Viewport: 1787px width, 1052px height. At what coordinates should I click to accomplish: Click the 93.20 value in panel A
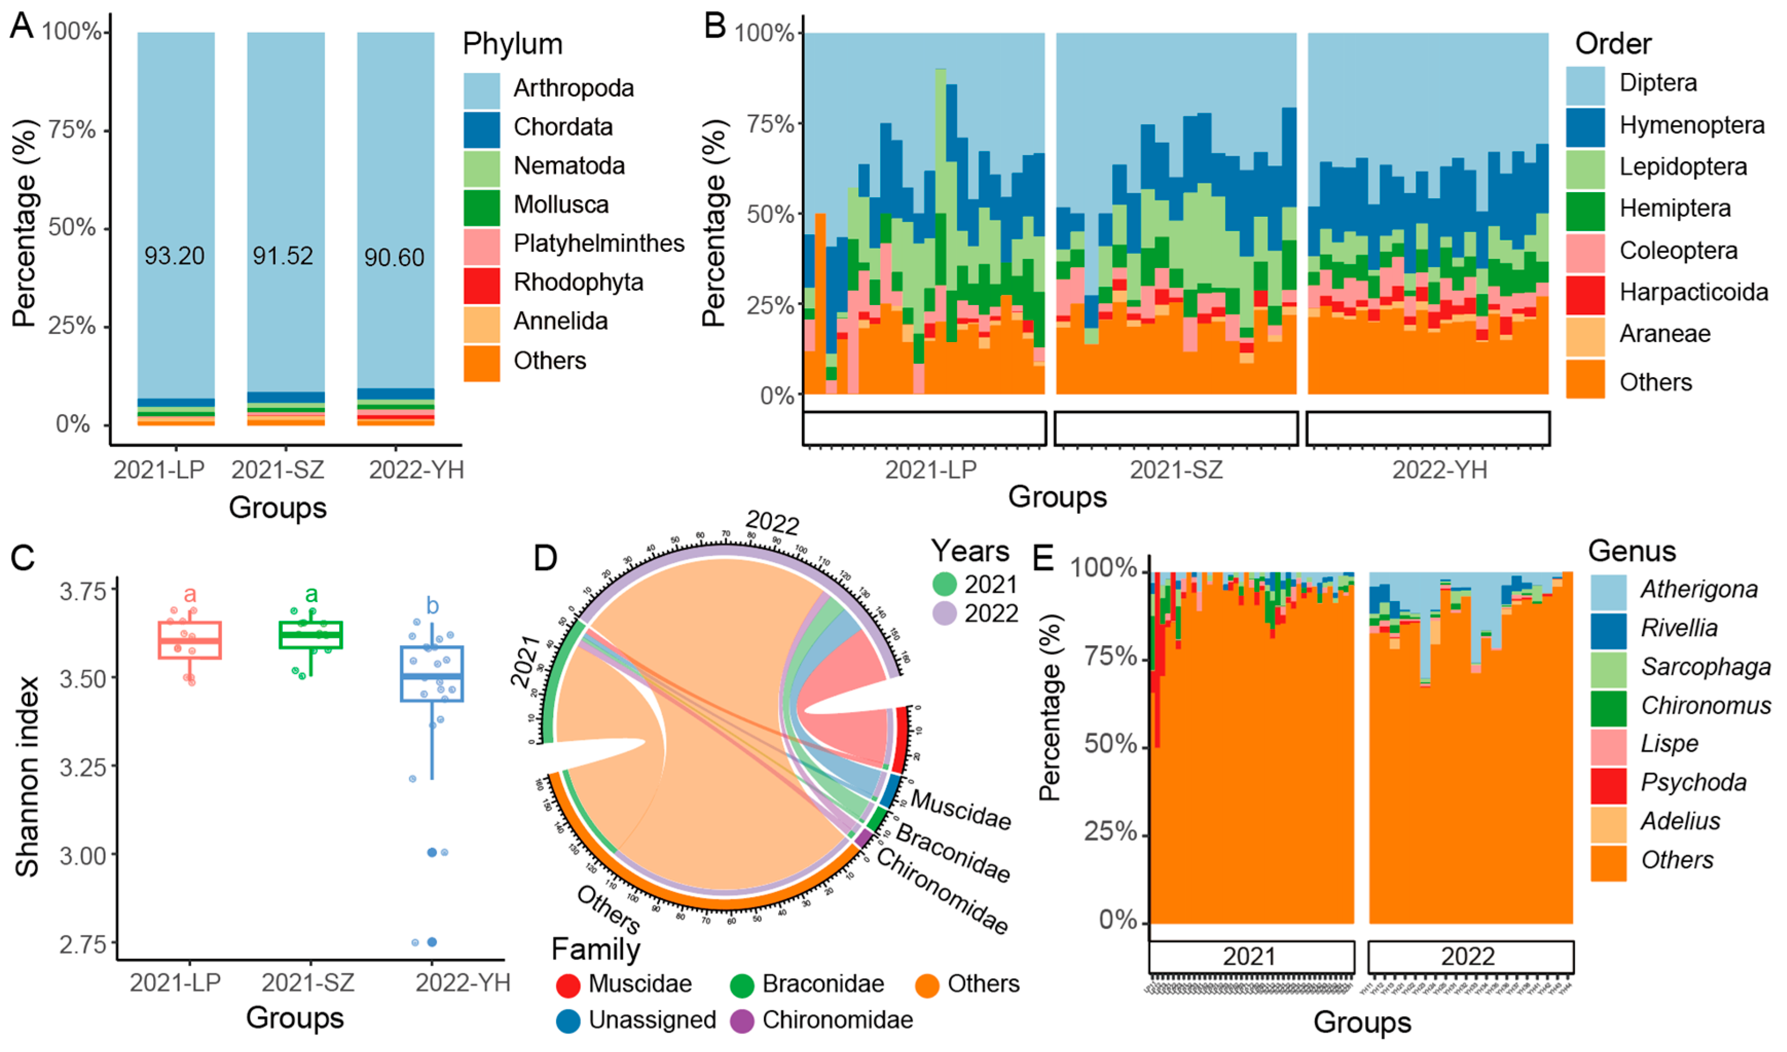tap(174, 255)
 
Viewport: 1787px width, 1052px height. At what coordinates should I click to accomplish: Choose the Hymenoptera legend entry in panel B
tap(1691, 125)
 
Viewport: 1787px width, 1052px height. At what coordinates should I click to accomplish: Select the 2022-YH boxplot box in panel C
tap(432, 673)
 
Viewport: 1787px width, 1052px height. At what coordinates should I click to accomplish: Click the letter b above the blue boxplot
tap(432, 606)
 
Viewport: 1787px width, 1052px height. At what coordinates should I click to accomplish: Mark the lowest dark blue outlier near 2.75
tap(432, 942)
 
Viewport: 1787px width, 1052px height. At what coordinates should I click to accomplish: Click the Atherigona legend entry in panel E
tap(1699, 589)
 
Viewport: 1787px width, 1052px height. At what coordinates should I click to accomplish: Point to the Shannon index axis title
tap(27, 776)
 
